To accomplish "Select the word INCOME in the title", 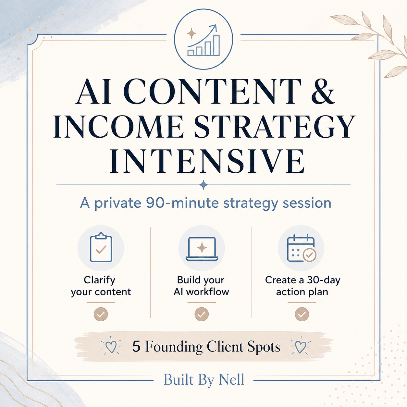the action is (117, 126).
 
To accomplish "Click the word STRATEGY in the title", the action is (274, 126).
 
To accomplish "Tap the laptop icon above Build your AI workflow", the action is (202, 249).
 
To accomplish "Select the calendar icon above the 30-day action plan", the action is (302, 248).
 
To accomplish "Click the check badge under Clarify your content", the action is (101, 314).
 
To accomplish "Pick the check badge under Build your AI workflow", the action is (202, 314).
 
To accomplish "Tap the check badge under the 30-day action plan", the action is (302, 314).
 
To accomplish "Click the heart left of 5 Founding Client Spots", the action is (111, 347).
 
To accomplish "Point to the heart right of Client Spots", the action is (301, 347).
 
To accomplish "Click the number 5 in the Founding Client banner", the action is (136, 347).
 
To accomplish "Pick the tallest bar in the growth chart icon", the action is (216, 45).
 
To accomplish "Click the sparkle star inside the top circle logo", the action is (191, 33).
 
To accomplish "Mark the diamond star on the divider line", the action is (203, 185).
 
